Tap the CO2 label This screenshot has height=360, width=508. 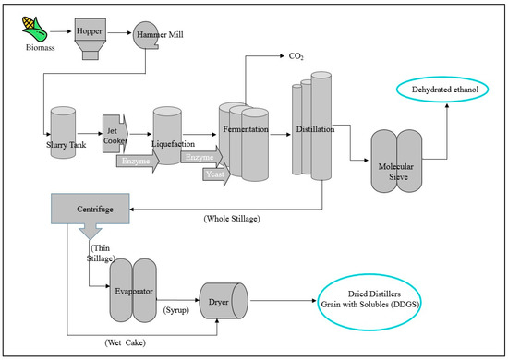295,56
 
